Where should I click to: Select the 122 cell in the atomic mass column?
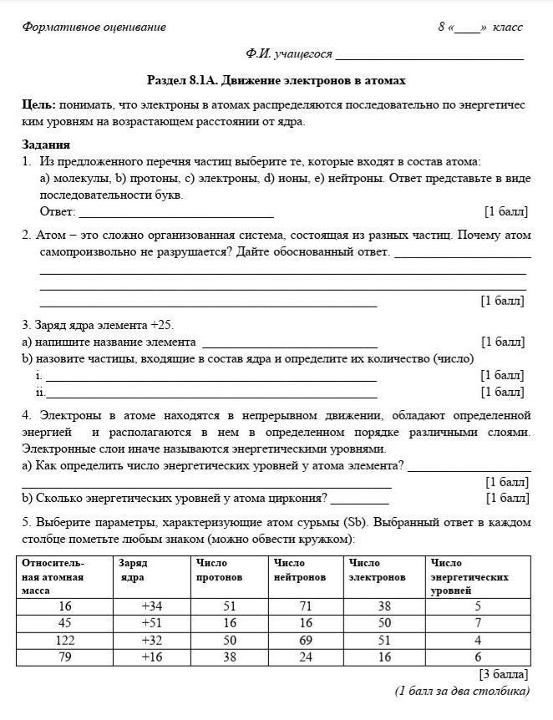(x=64, y=641)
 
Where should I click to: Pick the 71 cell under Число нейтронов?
(x=305, y=606)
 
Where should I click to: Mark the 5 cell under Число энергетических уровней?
(x=478, y=606)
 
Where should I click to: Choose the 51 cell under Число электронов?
(x=383, y=641)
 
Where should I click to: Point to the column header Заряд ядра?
(x=133, y=570)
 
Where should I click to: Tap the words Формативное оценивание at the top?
(x=94, y=27)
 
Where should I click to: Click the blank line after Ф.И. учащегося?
(x=429, y=58)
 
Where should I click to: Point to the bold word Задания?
(x=46, y=145)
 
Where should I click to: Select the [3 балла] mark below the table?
(x=503, y=674)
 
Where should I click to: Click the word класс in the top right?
(x=508, y=27)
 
